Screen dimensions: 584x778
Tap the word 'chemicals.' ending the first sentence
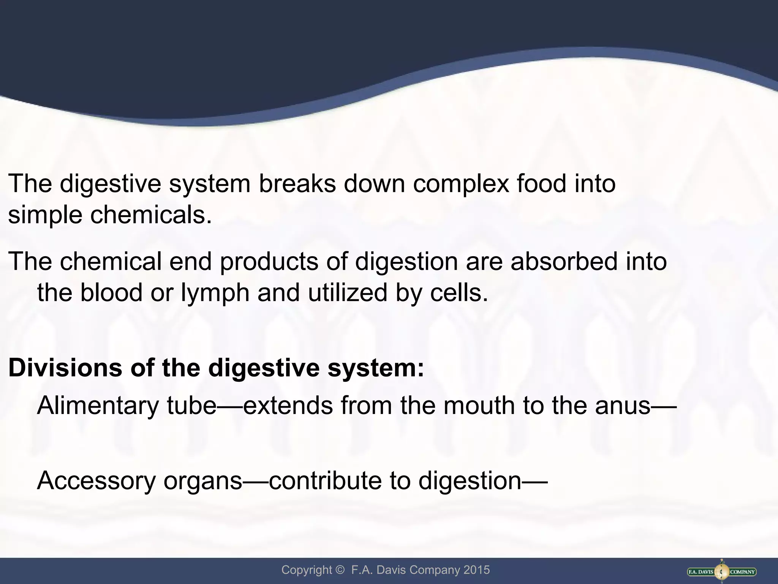tap(151, 215)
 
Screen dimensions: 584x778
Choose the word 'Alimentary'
tap(98, 405)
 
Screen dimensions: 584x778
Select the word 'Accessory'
tap(96, 480)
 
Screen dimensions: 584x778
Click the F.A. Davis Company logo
tap(722, 571)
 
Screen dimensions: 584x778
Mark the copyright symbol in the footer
tap(339, 570)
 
